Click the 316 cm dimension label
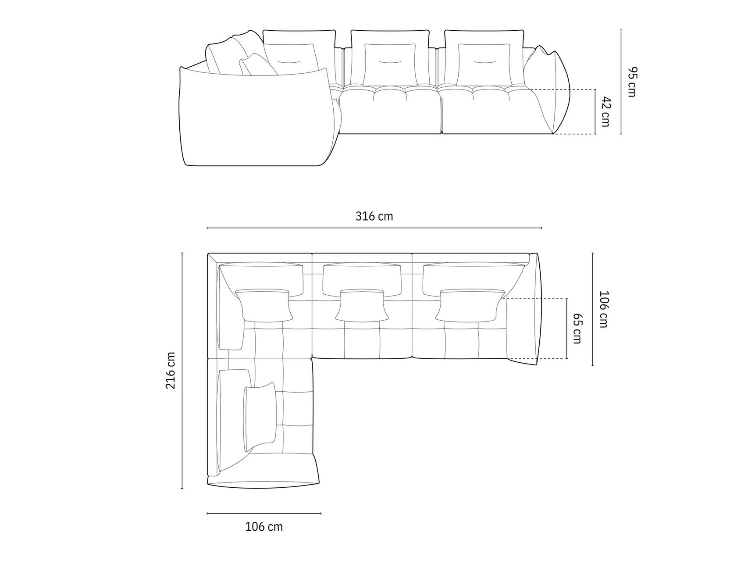(x=374, y=216)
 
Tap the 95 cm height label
(x=631, y=82)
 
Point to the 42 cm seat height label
(x=606, y=112)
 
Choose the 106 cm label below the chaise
(x=264, y=526)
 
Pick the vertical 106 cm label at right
(x=604, y=309)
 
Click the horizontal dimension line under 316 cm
(x=374, y=228)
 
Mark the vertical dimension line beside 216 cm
(x=182, y=371)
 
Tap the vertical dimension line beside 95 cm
(x=621, y=82)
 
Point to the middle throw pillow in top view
(x=362, y=305)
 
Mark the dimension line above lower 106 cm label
(x=264, y=513)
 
